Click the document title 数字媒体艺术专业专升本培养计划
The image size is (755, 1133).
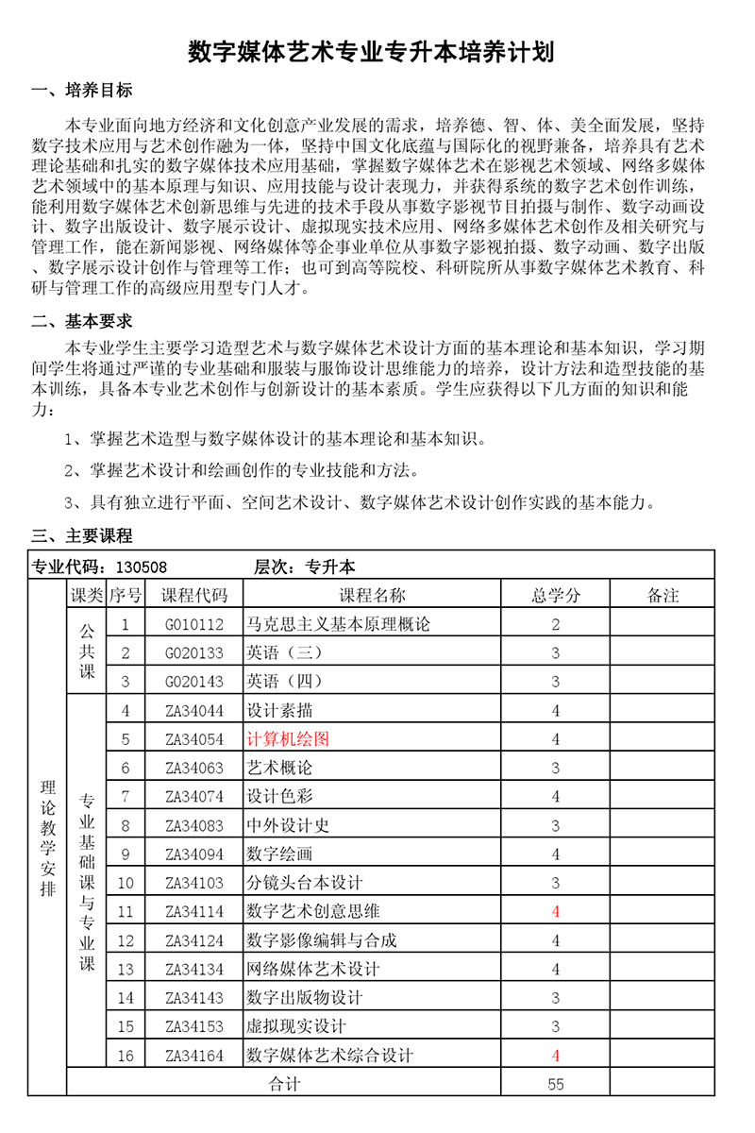pos(371,52)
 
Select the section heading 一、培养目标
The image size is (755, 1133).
pos(82,91)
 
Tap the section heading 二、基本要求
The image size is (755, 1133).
pos(82,321)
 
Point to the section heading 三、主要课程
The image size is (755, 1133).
pos(82,536)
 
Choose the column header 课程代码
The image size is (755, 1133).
pos(194,595)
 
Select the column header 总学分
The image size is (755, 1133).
pos(556,595)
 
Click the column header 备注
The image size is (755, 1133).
pos(663,595)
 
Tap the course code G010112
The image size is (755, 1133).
pos(194,624)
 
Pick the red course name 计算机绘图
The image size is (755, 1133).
pos(288,738)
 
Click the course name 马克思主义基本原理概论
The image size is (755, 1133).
pos(338,624)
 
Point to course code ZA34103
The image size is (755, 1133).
pos(194,883)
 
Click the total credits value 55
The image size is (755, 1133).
pos(556,1084)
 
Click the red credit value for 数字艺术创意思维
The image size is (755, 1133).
pos(556,911)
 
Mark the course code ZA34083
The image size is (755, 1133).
pos(194,825)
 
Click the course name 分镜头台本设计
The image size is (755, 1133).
pos(305,883)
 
